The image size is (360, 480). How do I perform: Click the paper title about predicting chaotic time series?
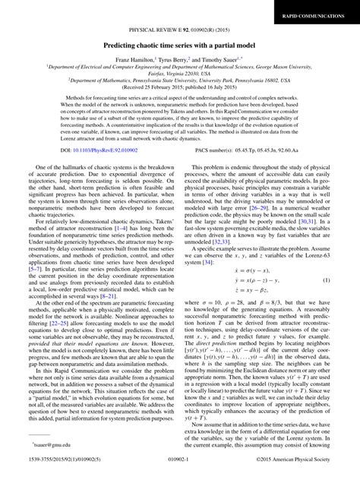pos(179,45)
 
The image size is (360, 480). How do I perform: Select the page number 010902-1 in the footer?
pos(179,472)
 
